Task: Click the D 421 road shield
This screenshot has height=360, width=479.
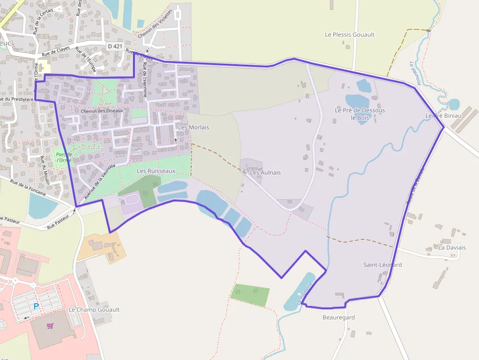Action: (115, 46)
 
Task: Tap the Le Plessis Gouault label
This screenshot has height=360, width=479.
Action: (349, 35)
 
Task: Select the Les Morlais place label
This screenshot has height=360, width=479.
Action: (194, 127)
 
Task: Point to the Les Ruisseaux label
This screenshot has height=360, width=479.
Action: (156, 171)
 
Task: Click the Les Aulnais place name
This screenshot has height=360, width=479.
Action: (265, 172)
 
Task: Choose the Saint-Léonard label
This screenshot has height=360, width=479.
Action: (382, 265)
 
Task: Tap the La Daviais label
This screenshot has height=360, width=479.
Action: (452, 248)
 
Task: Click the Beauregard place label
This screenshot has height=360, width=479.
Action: (338, 318)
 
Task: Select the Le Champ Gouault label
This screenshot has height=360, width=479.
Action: (94, 310)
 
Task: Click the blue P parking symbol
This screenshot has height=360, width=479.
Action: (36, 306)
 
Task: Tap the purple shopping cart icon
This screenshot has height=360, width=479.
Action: (50, 326)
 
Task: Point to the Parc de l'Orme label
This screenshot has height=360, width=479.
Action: (64, 157)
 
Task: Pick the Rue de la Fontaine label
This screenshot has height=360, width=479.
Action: (28, 188)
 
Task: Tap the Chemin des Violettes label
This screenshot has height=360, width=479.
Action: (155, 24)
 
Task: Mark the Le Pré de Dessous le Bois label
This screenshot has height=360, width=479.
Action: (360, 114)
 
